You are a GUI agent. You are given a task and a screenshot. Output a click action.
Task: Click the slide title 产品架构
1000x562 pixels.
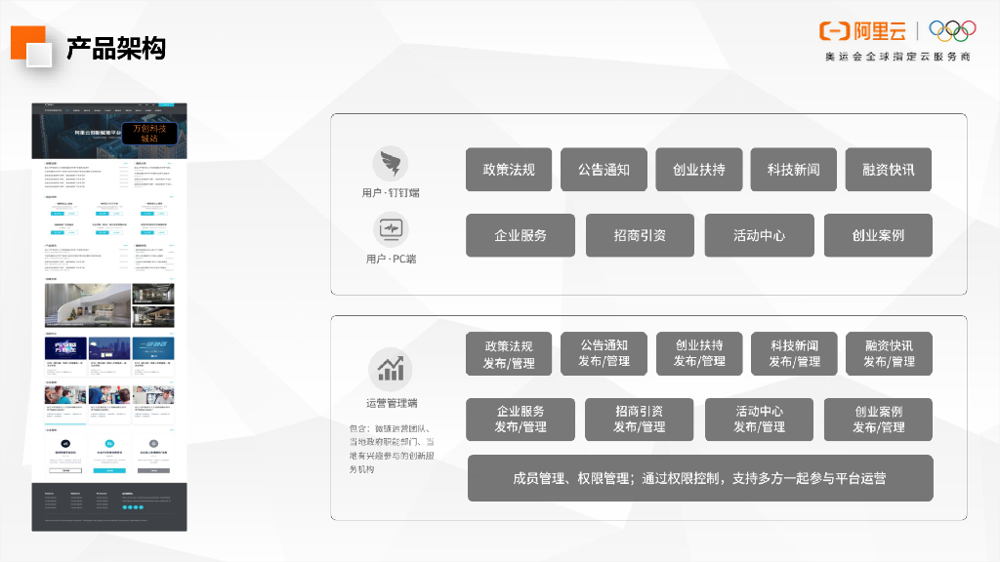click(x=115, y=48)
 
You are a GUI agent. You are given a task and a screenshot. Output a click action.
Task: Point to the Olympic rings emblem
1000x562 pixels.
click(x=952, y=31)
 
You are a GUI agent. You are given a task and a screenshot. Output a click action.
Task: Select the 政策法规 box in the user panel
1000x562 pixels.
click(x=509, y=169)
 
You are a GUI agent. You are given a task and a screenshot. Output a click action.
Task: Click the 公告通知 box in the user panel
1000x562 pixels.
click(x=604, y=169)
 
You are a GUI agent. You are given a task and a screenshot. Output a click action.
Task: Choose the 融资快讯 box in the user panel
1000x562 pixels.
click(x=889, y=169)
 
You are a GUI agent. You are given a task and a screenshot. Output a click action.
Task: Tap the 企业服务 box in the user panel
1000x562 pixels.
click(x=521, y=235)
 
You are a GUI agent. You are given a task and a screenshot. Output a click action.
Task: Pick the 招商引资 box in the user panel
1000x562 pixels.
click(x=640, y=235)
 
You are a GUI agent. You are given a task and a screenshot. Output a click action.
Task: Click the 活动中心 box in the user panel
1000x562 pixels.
click(x=759, y=235)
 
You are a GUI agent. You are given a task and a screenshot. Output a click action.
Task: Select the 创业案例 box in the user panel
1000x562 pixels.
click(x=878, y=235)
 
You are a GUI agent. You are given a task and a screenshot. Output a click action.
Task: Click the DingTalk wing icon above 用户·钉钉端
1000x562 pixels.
click(x=390, y=164)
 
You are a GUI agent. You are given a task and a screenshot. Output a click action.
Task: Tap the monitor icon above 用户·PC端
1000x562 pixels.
click(x=390, y=230)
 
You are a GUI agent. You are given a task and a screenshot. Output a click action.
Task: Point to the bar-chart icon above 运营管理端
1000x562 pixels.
click(x=390, y=369)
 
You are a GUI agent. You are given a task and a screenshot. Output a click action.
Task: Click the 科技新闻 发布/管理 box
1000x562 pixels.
click(x=794, y=353)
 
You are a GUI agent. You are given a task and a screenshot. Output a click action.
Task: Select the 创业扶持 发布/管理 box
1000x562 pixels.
click(x=699, y=353)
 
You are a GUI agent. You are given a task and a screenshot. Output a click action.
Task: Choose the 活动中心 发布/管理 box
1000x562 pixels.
click(x=759, y=420)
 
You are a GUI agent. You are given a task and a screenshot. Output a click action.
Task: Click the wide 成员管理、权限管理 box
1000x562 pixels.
click(x=700, y=478)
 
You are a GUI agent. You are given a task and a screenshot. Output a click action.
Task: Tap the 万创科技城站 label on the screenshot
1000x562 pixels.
click(x=148, y=134)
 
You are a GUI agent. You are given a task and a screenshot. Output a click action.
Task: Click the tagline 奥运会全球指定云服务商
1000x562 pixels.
click(x=896, y=57)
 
